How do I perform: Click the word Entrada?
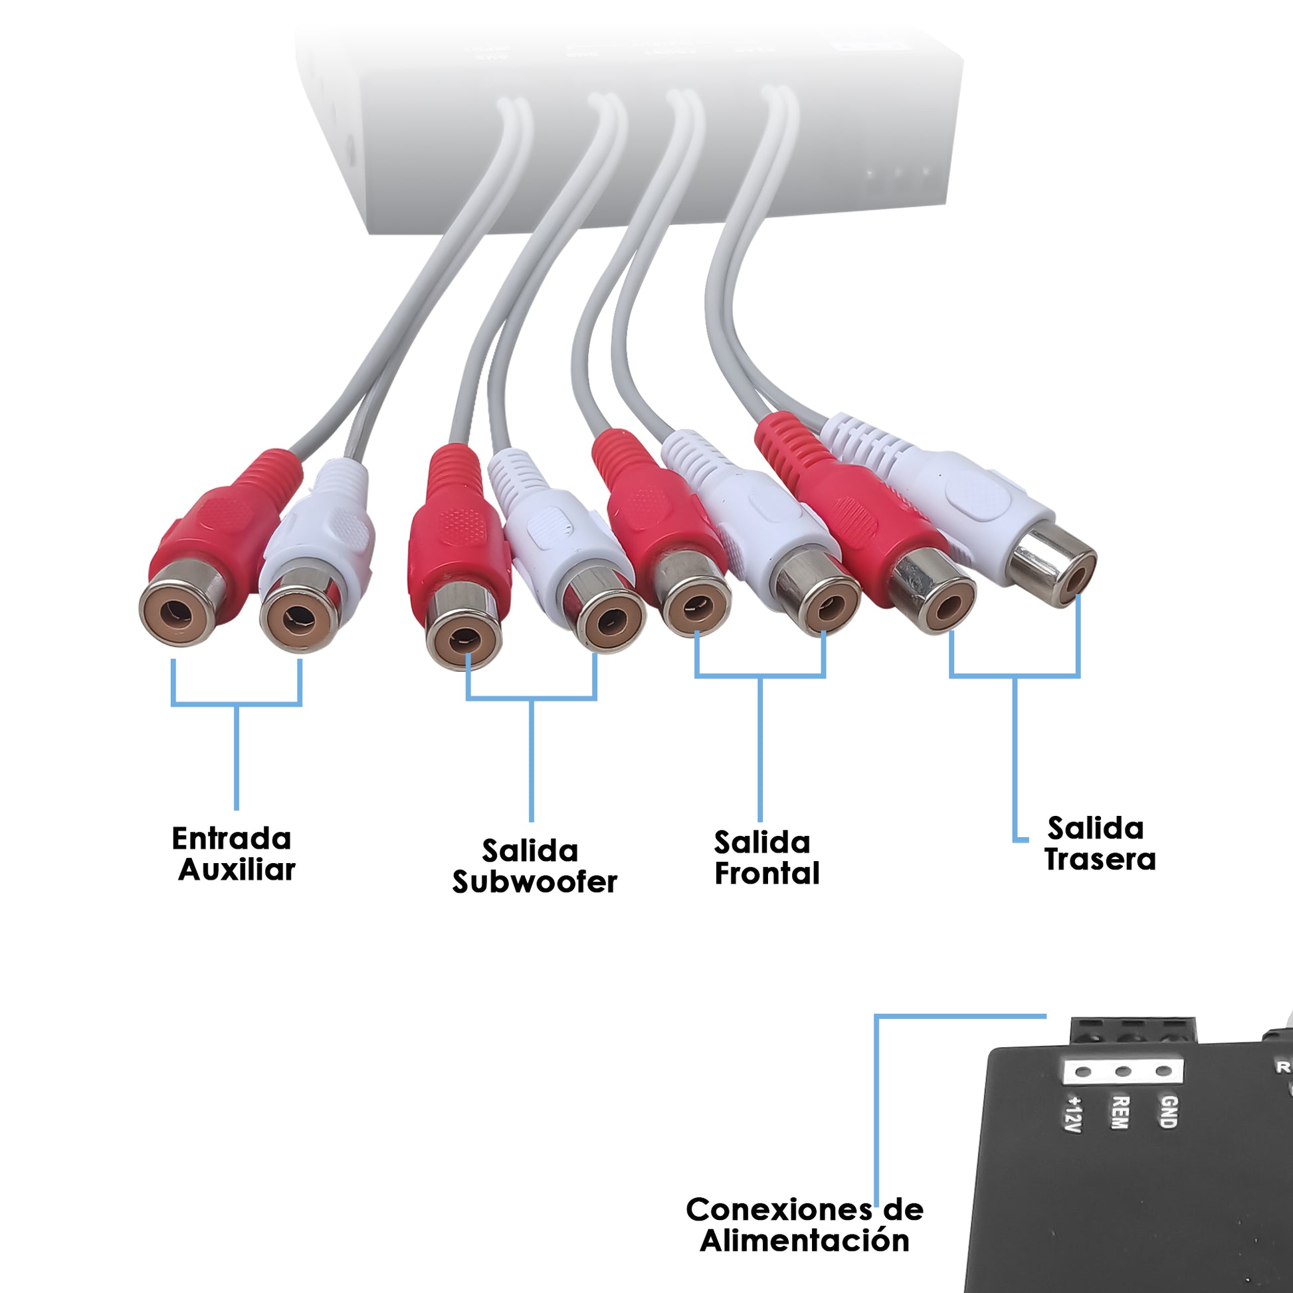(232, 839)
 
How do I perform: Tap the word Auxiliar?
(237, 870)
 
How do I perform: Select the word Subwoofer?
(534, 882)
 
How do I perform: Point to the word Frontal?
(767, 873)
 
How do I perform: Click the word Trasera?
(1100, 859)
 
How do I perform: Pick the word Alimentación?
(805, 1240)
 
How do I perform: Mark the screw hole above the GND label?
(1164, 1072)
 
